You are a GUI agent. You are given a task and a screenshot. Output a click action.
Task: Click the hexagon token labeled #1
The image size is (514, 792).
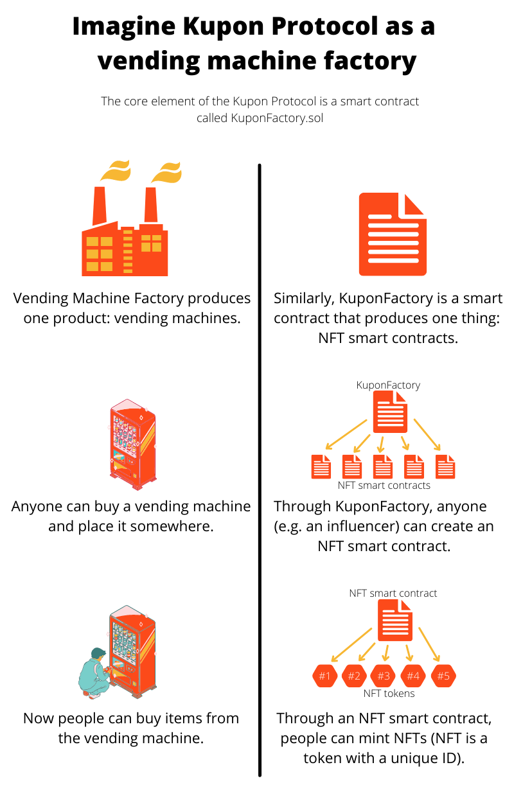point(324,676)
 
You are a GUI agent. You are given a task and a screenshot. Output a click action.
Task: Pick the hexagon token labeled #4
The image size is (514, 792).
point(413,676)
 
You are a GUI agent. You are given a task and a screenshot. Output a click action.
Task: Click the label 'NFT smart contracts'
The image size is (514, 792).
point(384,485)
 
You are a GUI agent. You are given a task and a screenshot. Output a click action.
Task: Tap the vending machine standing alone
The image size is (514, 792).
point(132,444)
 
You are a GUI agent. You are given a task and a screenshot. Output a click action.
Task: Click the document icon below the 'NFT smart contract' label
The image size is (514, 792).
point(394,619)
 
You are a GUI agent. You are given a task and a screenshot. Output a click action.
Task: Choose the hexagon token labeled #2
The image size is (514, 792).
point(354,676)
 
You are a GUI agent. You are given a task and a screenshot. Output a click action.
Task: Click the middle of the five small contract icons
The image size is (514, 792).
point(383,466)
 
